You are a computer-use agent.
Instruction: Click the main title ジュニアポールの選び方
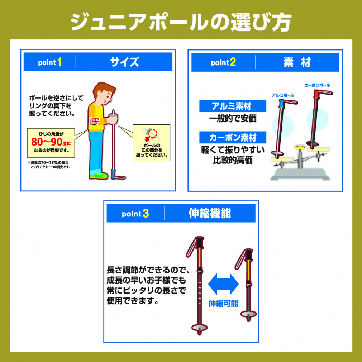click(x=181, y=22)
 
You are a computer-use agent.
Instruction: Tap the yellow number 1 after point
click(x=59, y=63)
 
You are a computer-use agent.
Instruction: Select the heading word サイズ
click(x=124, y=62)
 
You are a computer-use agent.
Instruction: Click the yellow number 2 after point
click(x=233, y=63)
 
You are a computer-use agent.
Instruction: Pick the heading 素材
click(x=297, y=62)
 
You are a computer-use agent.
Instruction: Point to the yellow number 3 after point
click(x=146, y=214)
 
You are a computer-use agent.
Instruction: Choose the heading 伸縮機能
click(x=210, y=214)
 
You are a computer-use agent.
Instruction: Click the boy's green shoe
click(x=99, y=176)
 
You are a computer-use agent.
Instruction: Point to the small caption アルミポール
click(x=283, y=95)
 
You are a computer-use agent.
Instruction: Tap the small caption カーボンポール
click(x=317, y=85)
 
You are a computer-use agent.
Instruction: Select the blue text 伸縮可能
click(x=223, y=303)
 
